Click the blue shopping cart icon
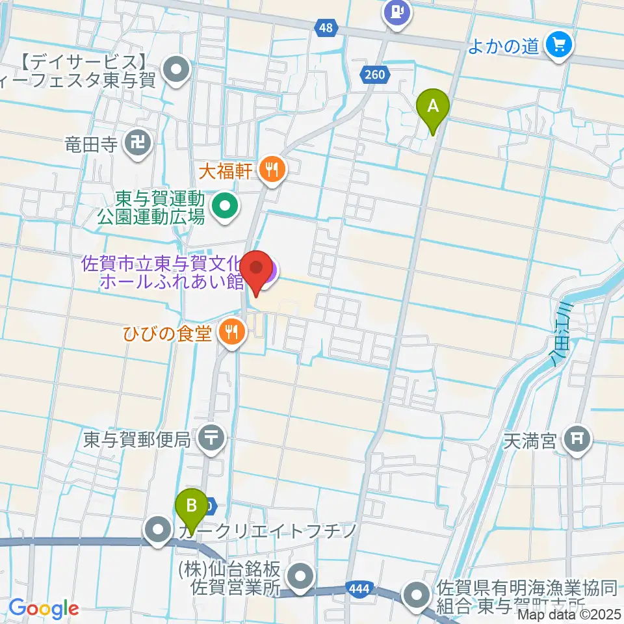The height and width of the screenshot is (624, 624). pyautogui.click(x=557, y=46)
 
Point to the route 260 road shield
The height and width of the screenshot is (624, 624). pyautogui.click(x=374, y=75)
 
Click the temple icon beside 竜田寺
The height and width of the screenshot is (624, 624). pyautogui.click(x=138, y=143)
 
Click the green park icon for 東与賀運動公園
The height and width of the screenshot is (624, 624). pyautogui.click(x=225, y=207)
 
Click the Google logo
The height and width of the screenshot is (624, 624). pyautogui.click(x=43, y=608)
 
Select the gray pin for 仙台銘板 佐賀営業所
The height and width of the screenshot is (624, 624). pyautogui.click(x=300, y=576)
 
